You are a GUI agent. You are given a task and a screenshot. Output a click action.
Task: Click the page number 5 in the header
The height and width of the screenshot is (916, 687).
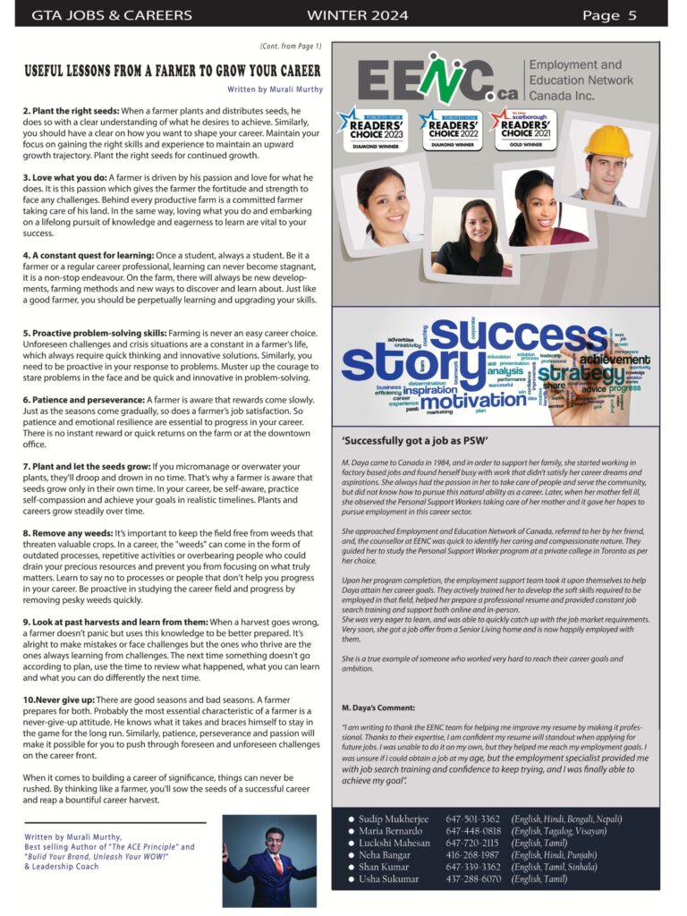pyautogui.click(x=632, y=15)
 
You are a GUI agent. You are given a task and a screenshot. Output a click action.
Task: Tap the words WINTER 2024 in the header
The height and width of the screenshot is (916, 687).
pyautogui.click(x=357, y=15)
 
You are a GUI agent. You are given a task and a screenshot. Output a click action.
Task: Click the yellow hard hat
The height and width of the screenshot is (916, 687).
pyautogui.click(x=608, y=141)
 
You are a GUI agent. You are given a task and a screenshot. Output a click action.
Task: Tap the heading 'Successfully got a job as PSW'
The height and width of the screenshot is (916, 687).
pyautogui.click(x=414, y=440)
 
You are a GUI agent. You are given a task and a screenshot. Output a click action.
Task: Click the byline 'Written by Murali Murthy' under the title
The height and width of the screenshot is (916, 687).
pyautogui.click(x=276, y=89)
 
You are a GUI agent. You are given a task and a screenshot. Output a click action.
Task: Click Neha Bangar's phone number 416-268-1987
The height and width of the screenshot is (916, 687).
pyautogui.click(x=472, y=855)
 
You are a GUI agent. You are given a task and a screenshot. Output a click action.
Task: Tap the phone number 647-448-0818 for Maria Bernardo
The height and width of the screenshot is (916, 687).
pyautogui.click(x=472, y=831)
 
